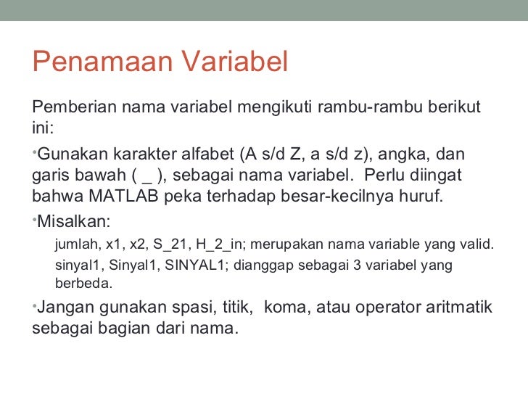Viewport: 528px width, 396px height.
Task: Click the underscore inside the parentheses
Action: pyautogui.click(x=148, y=176)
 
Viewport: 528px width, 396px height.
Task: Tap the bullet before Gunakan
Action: pyautogui.click(x=34, y=152)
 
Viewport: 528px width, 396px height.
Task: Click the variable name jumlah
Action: pyautogui.click(x=77, y=244)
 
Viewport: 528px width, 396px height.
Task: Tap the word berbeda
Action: pyautogui.click(x=83, y=283)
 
